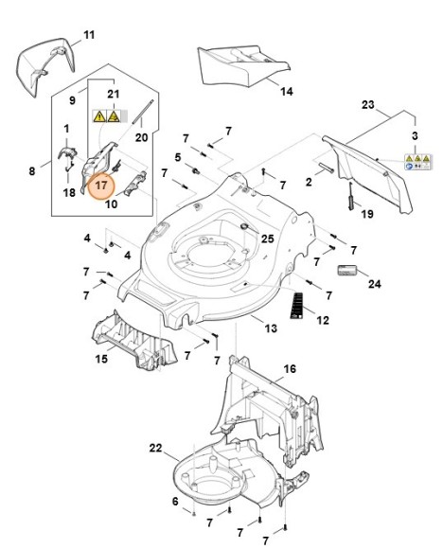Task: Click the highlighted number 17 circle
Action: coord(101,186)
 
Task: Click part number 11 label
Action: coord(89,35)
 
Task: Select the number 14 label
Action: coord(287,92)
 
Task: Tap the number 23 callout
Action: coord(368,105)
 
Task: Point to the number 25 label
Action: coord(268,239)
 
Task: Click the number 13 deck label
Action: coord(271,328)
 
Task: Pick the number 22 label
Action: coord(156,448)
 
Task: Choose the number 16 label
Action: coord(290,369)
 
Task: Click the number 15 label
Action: coord(101,359)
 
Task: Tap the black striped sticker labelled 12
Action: coord(296,305)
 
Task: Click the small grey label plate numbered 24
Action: coord(346,271)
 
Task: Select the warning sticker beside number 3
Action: coord(418,162)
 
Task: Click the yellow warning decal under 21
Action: coord(106,115)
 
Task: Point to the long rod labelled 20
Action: coord(142,112)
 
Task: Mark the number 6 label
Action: coord(175,501)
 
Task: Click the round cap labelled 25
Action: coord(245,226)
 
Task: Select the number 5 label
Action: coord(178,157)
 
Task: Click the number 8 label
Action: coord(32,171)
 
